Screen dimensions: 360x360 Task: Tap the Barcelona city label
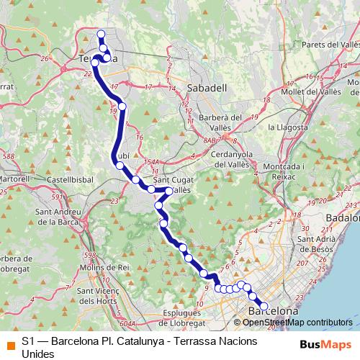coord(273,311)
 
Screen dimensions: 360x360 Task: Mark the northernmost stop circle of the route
coord(101,33)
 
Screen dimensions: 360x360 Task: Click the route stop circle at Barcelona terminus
coord(264,307)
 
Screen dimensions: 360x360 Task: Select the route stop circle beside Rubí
coord(120,165)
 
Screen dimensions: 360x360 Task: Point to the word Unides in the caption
coord(38,354)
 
